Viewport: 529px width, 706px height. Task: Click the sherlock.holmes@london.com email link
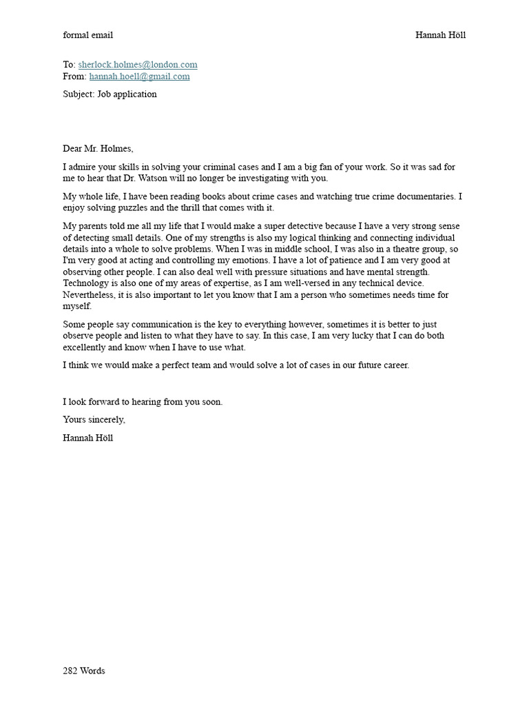(x=138, y=65)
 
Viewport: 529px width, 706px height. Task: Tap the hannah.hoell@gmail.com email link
(x=139, y=77)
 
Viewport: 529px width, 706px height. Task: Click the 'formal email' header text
(x=87, y=35)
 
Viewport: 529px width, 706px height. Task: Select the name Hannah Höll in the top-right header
(x=440, y=35)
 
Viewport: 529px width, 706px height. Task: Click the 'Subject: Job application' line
(x=110, y=94)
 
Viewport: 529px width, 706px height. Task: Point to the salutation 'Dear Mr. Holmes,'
(x=98, y=148)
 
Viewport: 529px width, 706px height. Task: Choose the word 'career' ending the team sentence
(x=394, y=365)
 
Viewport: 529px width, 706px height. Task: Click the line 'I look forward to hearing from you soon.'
(x=143, y=402)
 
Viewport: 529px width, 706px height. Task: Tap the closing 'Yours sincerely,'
(x=94, y=420)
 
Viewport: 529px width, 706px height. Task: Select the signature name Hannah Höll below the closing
(x=88, y=438)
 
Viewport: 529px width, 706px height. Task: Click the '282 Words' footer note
(x=84, y=671)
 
